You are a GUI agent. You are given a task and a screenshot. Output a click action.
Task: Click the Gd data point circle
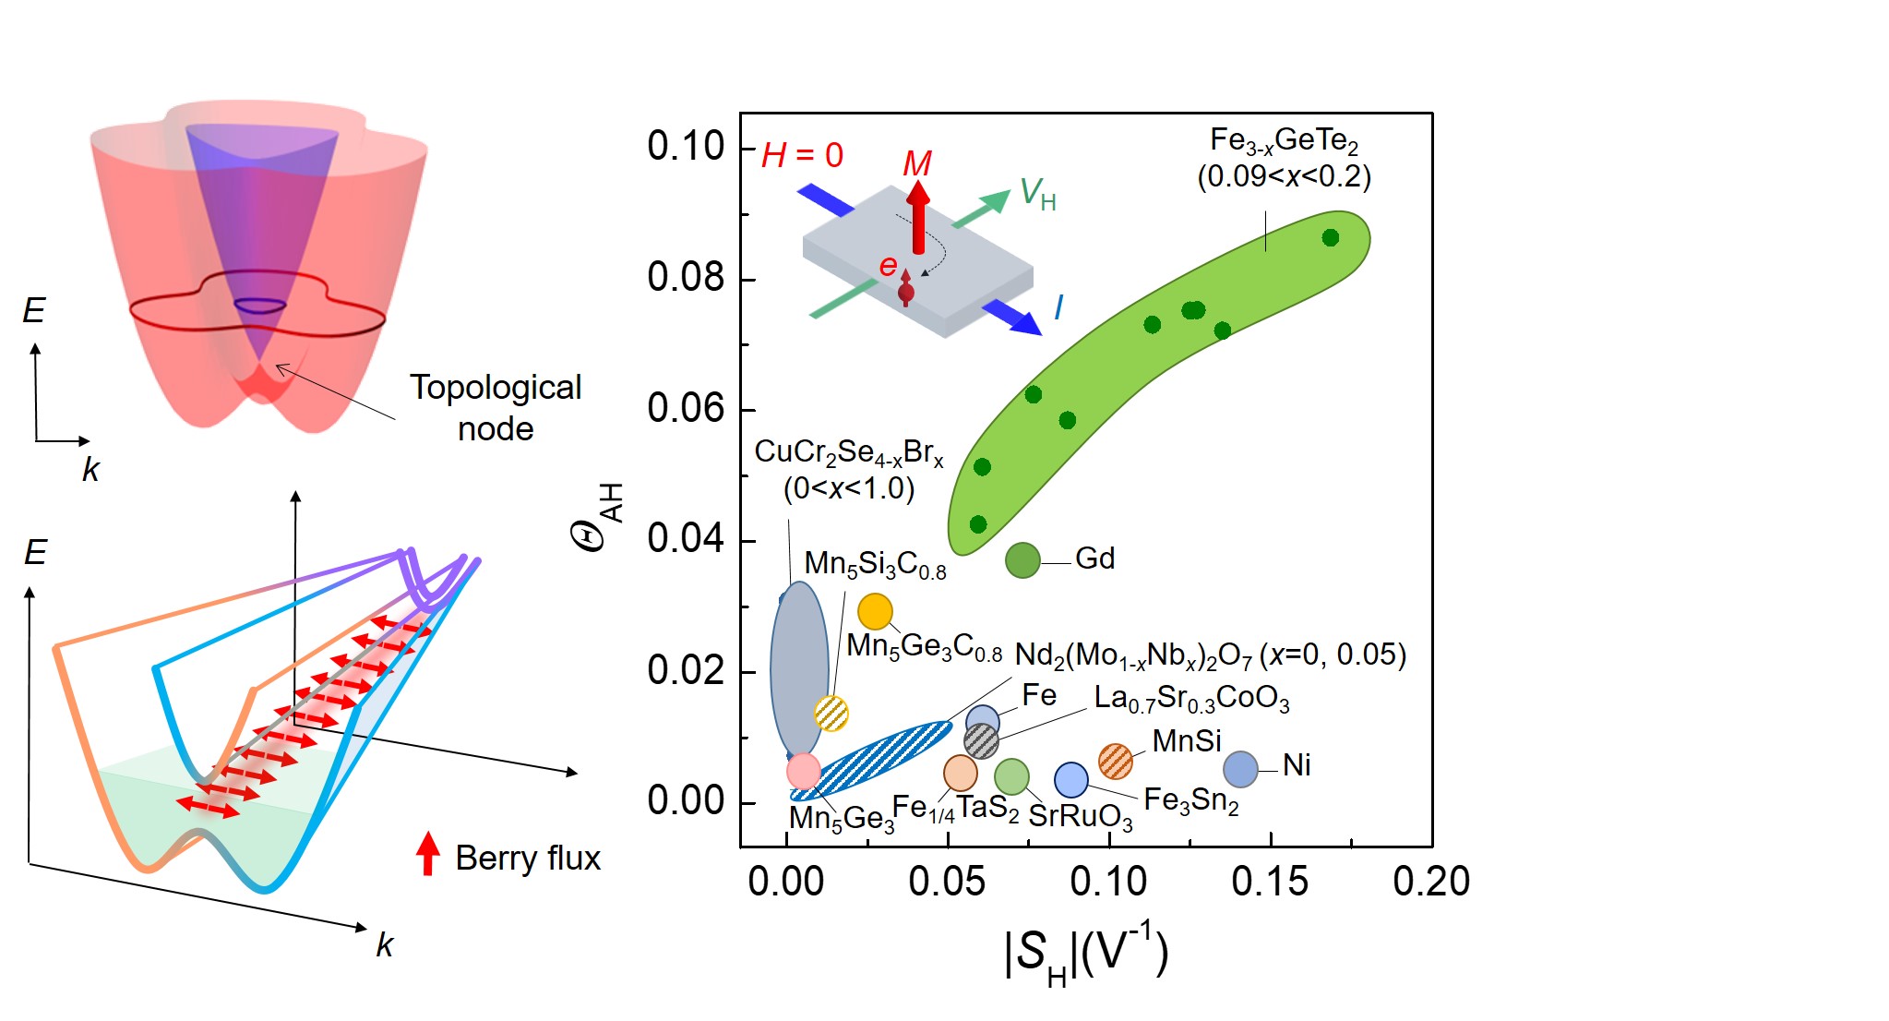click(x=1022, y=559)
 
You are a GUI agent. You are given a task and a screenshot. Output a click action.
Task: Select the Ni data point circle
click(x=1240, y=768)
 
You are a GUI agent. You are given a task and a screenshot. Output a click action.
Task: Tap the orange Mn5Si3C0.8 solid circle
click(x=875, y=611)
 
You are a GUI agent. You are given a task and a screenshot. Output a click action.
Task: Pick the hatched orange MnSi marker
click(x=1116, y=761)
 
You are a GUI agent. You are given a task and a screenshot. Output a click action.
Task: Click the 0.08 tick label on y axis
click(x=686, y=277)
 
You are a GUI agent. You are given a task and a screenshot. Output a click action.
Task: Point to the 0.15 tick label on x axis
click(x=1270, y=881)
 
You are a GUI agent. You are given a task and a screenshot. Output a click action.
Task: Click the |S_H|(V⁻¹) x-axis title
click(x=1085, y=955)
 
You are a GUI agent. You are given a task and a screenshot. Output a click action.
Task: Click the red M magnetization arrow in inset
click(x=917, y=217)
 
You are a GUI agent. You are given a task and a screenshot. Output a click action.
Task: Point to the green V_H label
click(x=1037, y=195)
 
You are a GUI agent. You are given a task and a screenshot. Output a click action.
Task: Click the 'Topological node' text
click(x=496, y=407)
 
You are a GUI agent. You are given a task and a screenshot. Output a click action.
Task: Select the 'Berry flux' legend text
click(x=528, y=858)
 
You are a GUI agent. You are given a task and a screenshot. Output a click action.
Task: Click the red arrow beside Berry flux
click(x=427, y=853)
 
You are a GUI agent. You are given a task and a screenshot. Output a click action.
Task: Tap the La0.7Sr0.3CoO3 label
click(x=1191, y=699)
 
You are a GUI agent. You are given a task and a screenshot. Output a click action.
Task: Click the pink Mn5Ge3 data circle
click(x=804, y=770)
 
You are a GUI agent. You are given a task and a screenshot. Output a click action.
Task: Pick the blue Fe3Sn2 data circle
click(x=1070, y=780)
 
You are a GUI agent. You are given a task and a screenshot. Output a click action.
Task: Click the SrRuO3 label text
click(x=1080, y=816)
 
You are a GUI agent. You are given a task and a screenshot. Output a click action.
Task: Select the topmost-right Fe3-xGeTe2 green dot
click(x=1330, y=238)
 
